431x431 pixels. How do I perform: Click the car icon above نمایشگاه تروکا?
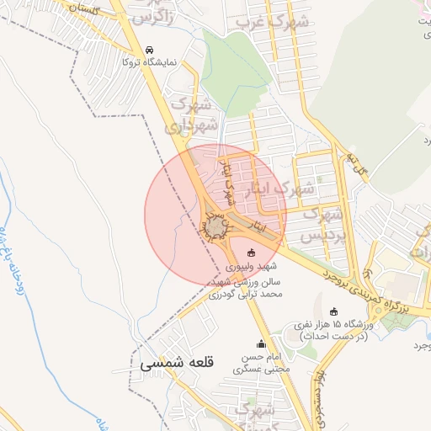150,50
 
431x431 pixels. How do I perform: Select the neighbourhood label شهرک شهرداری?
194,116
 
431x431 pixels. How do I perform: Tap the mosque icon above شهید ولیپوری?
250,253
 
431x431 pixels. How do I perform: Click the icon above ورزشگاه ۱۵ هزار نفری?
334,311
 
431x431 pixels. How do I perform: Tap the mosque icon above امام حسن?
261,344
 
